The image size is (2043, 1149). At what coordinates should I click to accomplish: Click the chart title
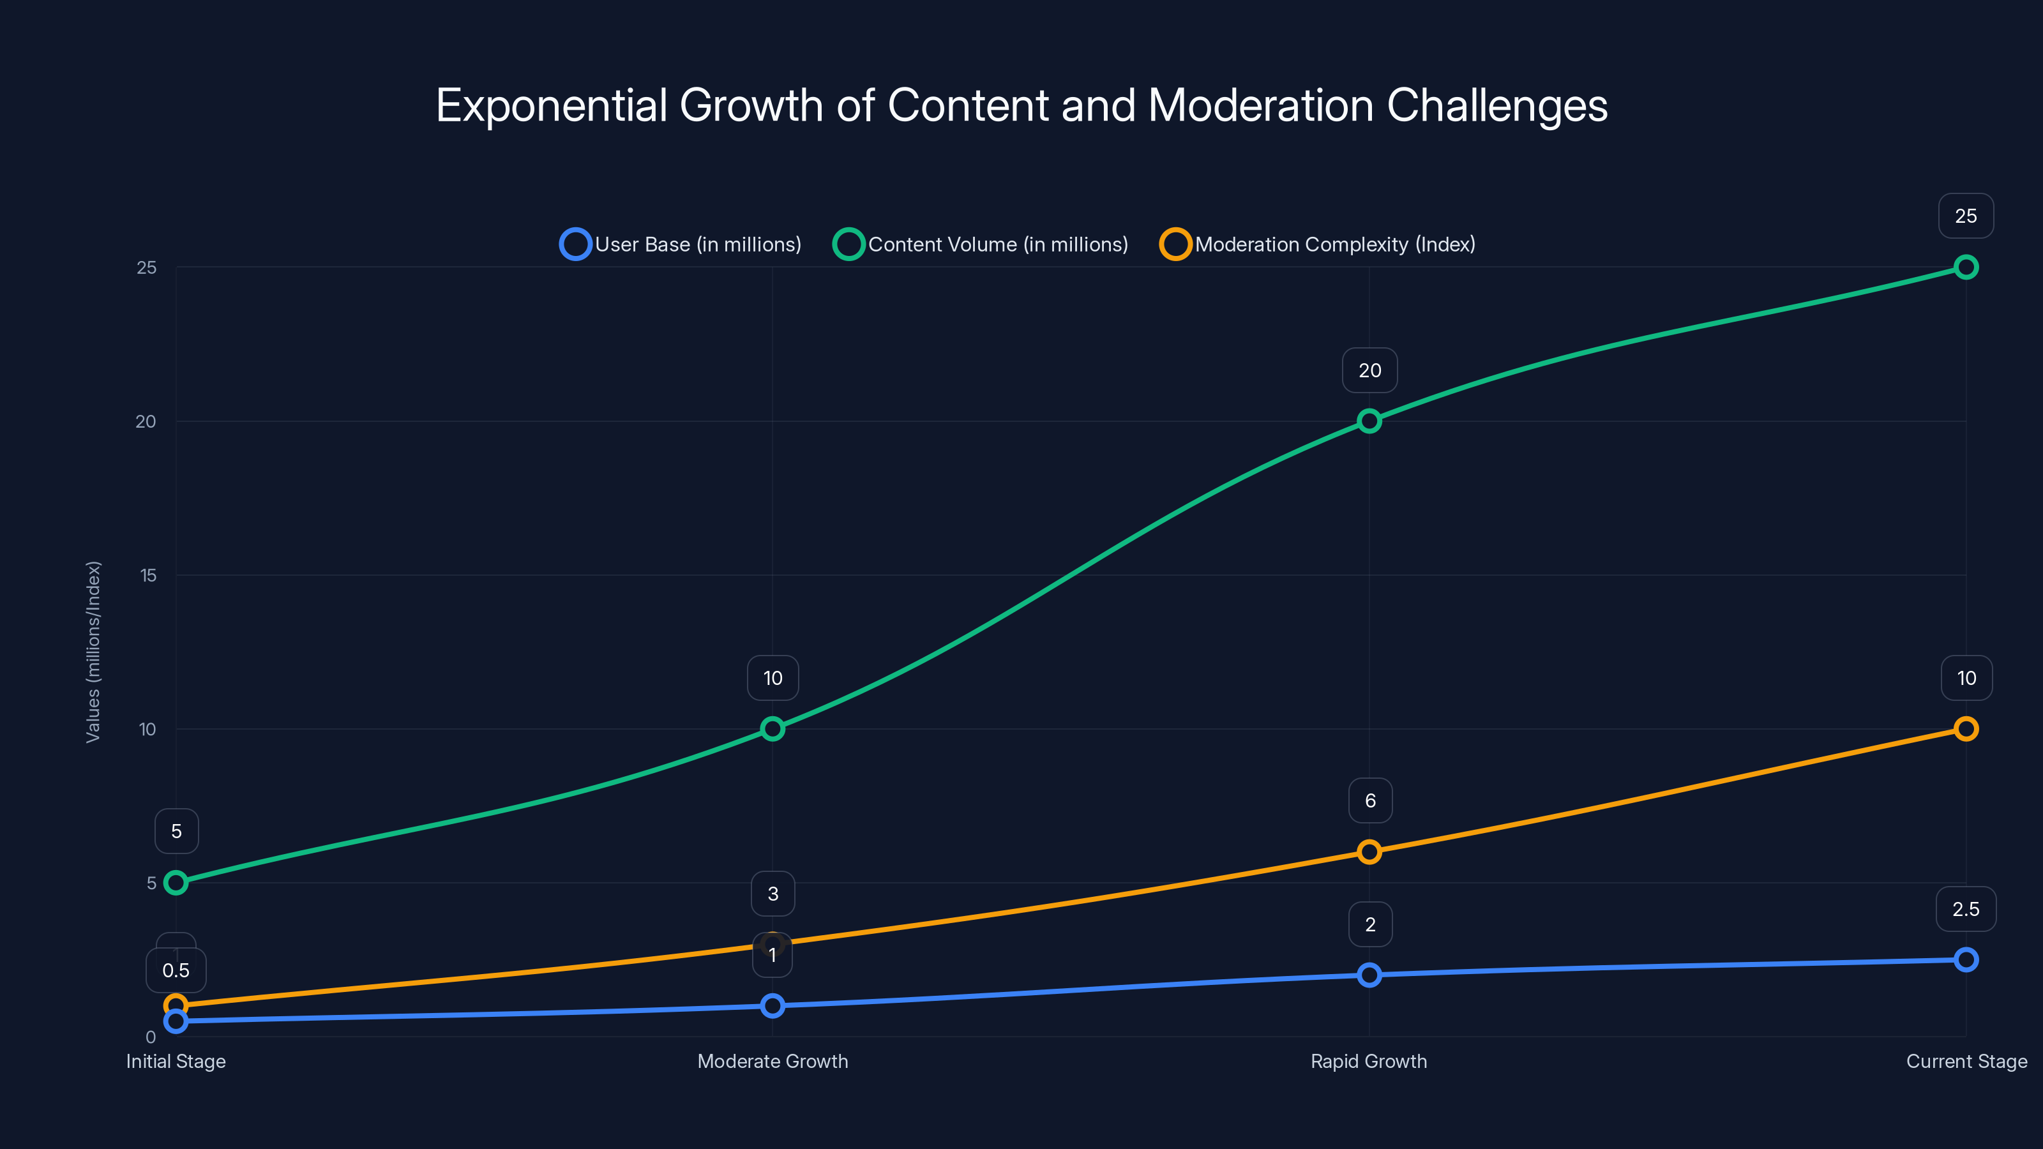tap(1021, 105)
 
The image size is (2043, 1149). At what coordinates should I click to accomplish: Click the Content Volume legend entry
tap(981, 244)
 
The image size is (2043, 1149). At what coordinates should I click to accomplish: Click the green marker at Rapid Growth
tap(1369, 421)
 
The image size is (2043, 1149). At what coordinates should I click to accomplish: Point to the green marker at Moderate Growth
tap(773, 729)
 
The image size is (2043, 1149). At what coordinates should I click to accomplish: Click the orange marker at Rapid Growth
tap(1369, 852)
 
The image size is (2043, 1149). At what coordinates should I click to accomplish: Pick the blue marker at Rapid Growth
tap(1369, 975)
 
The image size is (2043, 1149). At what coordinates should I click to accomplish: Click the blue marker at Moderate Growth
tap(773, 1006)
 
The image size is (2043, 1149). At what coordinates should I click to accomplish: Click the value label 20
tap(1369, 370)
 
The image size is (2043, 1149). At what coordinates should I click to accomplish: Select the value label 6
tap(1369, 801)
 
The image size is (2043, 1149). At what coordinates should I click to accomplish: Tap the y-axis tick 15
tap(148, 576)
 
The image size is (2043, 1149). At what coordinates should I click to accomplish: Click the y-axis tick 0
tap(151, 1037)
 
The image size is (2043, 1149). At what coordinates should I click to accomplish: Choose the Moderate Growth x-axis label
tap(773, 1062)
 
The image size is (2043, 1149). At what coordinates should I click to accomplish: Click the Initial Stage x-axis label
tap(176, 1062)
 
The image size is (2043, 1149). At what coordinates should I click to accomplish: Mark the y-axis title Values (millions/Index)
tap(94, 652)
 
